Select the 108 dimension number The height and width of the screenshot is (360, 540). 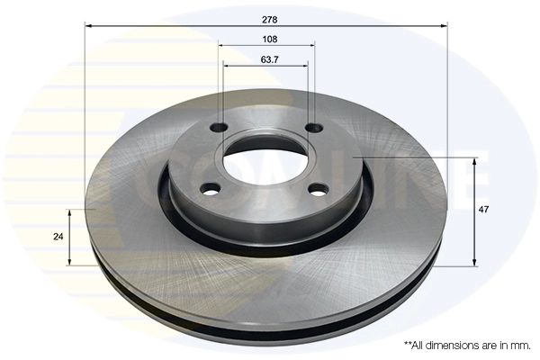pyautogui.click(x=269, y=40)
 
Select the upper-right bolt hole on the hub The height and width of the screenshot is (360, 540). pyautogui.click(x=313, y=128)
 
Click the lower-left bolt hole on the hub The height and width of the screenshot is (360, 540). pyautogui.click(x=211, y=189)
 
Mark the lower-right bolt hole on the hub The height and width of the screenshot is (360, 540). pyautogui.click(x=317, y=190)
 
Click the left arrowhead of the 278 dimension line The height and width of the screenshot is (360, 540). pyautogui.click(x=87, y=26)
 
